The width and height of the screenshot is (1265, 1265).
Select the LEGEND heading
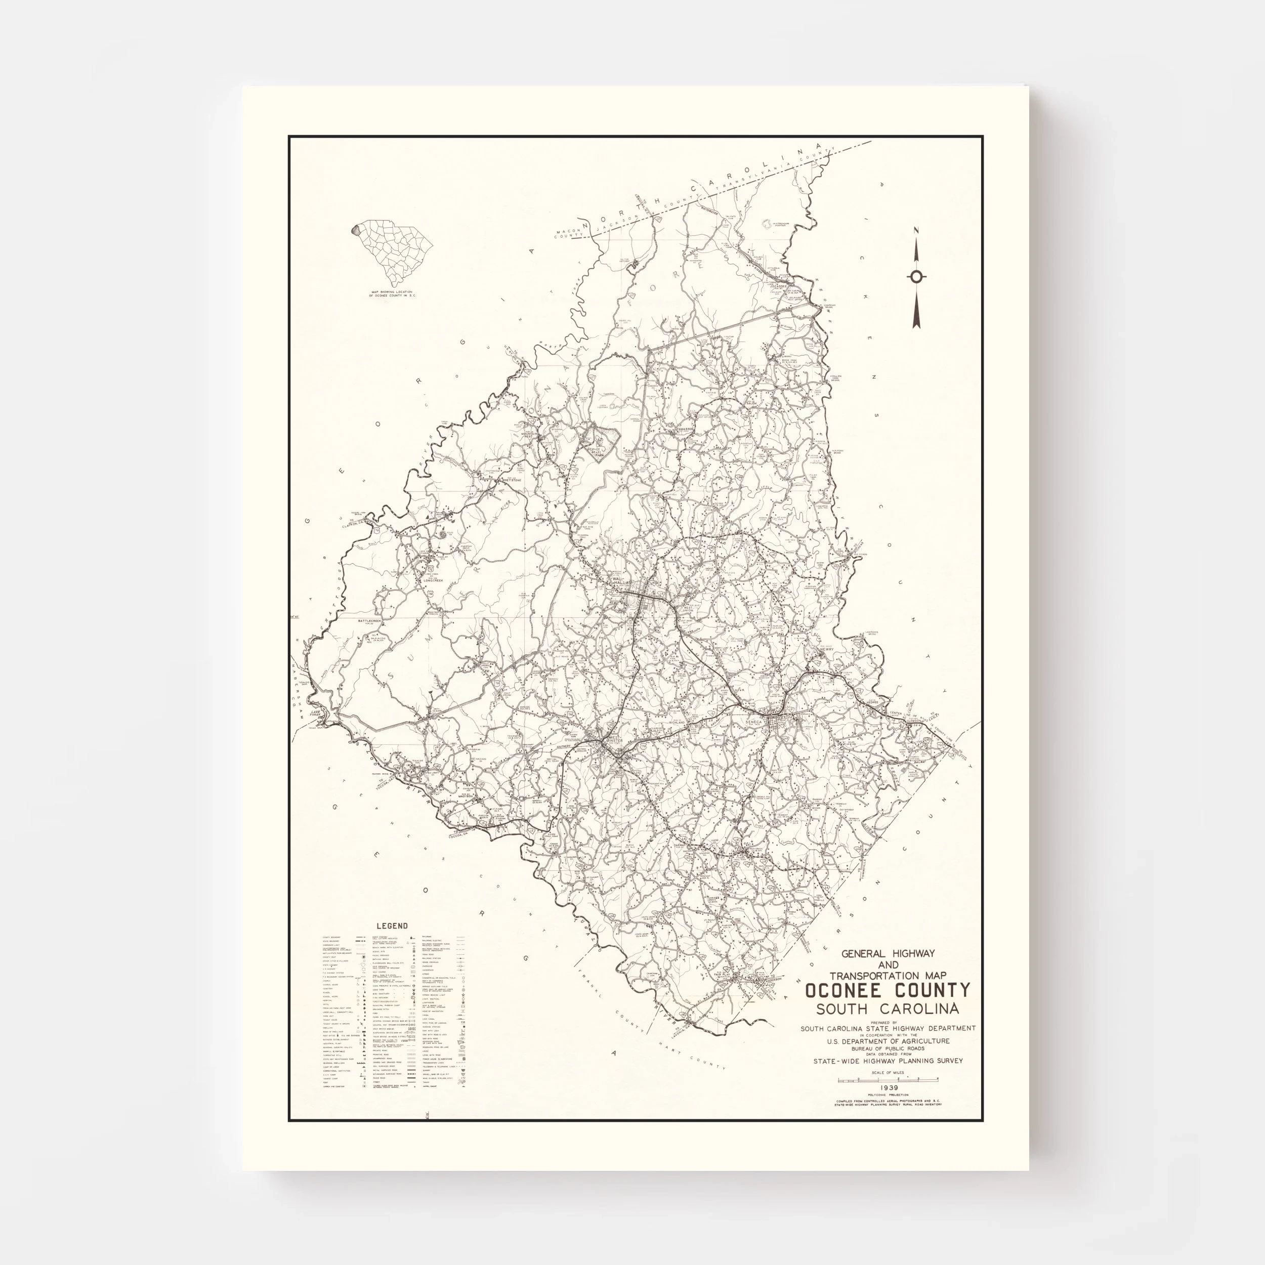pyautogui.click(x=392, y=926)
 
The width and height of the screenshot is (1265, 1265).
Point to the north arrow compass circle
pyautogui.click(x=917, y=276)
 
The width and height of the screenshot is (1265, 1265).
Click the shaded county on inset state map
pyautogui.click(x=356, y=230)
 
